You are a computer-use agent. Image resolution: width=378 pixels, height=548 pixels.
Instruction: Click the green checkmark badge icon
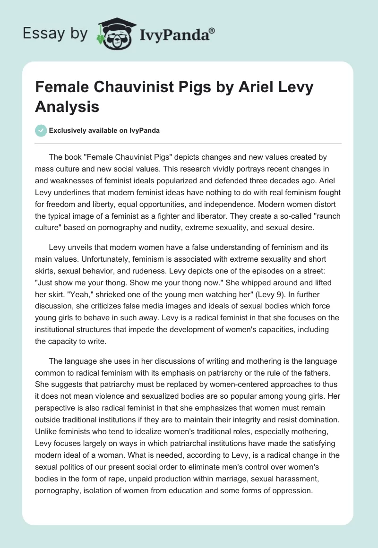tap(41, 130)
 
